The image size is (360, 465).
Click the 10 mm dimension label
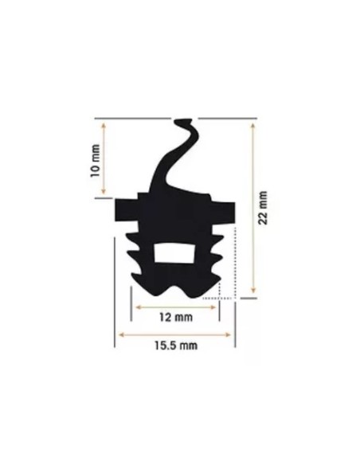(95, 161)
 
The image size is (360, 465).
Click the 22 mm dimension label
(263, 208)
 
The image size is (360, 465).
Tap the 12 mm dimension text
(176, 318)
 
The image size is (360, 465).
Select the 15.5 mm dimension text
(176, 346)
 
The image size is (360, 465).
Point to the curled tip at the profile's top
(183, 122)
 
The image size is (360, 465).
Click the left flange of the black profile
(127, 210)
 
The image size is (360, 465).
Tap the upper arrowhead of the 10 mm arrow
(104, 125)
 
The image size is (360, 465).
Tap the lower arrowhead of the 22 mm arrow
(253, 290)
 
